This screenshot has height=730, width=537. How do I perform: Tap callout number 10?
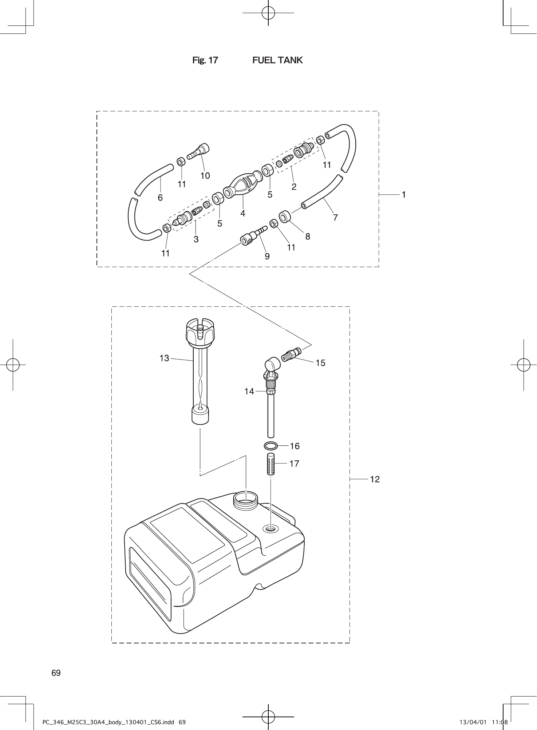coord(205,176)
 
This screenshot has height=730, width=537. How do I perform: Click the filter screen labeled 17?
coord(271,463)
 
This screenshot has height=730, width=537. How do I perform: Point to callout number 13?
coord(165,358)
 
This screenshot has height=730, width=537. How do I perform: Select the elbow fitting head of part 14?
coord(272,364)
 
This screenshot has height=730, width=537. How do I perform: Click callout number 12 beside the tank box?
coord(375,480)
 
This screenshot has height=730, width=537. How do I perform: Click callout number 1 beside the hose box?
coord(403,195)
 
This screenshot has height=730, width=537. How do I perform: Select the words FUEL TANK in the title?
coord(277,60)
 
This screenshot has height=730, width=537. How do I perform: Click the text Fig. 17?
coord(205,60)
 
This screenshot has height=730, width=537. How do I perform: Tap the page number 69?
coord(56,673)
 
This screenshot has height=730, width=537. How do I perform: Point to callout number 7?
coord(335,218)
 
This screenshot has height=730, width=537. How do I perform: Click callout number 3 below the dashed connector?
coord(196,239)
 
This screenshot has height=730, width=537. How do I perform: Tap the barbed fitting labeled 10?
coord(200,151)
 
